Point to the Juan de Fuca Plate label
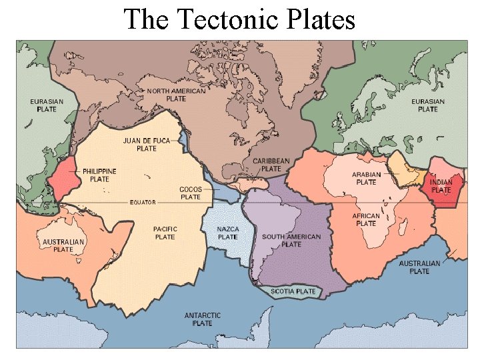pyautogui.click(x=147, y=145)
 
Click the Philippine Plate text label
pyautogui.click(x=99, y=175)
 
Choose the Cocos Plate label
pyautogui.click(x=191, y=193)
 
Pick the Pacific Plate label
pyautogui.click(x=165, y=233)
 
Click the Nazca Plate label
pyautogui.click(x=227, y=233)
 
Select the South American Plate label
pyautogui.click(x=291, y=240)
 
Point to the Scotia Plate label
pyautogui.click(x=293, y=291)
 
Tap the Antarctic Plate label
pyautogui.click(x=202, y=319)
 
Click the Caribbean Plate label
pyautogui.click(x=271, y=165)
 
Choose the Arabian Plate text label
pyautogui.click(x=366, y=178)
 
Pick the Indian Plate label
pyautogui.click(x=441, y=186)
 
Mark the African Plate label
pyautogui.click(x=366, y=219)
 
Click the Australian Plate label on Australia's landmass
pyautogui.click(x=63, y=245)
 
